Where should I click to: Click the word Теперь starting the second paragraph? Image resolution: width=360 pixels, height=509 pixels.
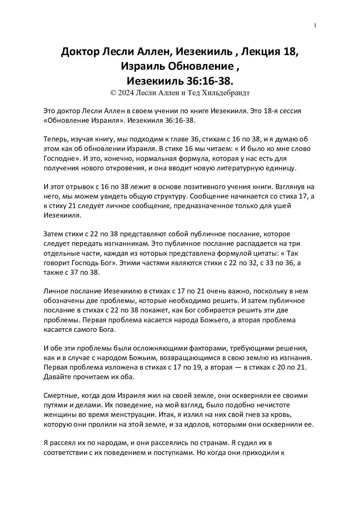[56, 139]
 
